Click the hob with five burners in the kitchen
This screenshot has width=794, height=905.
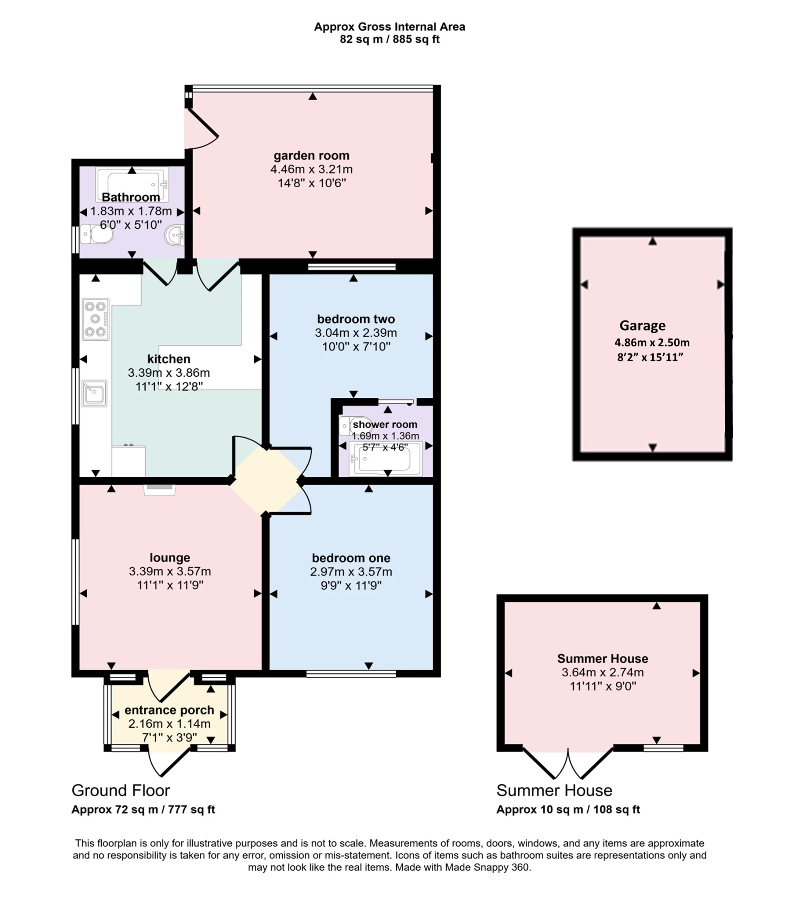pos(96,319)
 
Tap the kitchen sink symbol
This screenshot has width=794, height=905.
pos(94,393)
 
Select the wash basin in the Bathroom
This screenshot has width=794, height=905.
pos(175,234)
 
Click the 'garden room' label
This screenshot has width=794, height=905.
pos(311,155)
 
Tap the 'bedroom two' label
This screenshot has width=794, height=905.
pos(356,319)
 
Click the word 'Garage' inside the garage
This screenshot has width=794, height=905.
pos(642,325)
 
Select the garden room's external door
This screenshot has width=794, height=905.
pos(202,129)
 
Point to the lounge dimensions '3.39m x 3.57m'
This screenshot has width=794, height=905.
pos(170,571)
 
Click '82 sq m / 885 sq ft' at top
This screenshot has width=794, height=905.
pos(389,39)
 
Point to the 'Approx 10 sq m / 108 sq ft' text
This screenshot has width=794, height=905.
pos(568,809)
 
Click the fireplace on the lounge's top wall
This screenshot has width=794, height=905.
pos(159,488)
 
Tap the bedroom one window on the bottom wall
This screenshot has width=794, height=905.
pos(351,673)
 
